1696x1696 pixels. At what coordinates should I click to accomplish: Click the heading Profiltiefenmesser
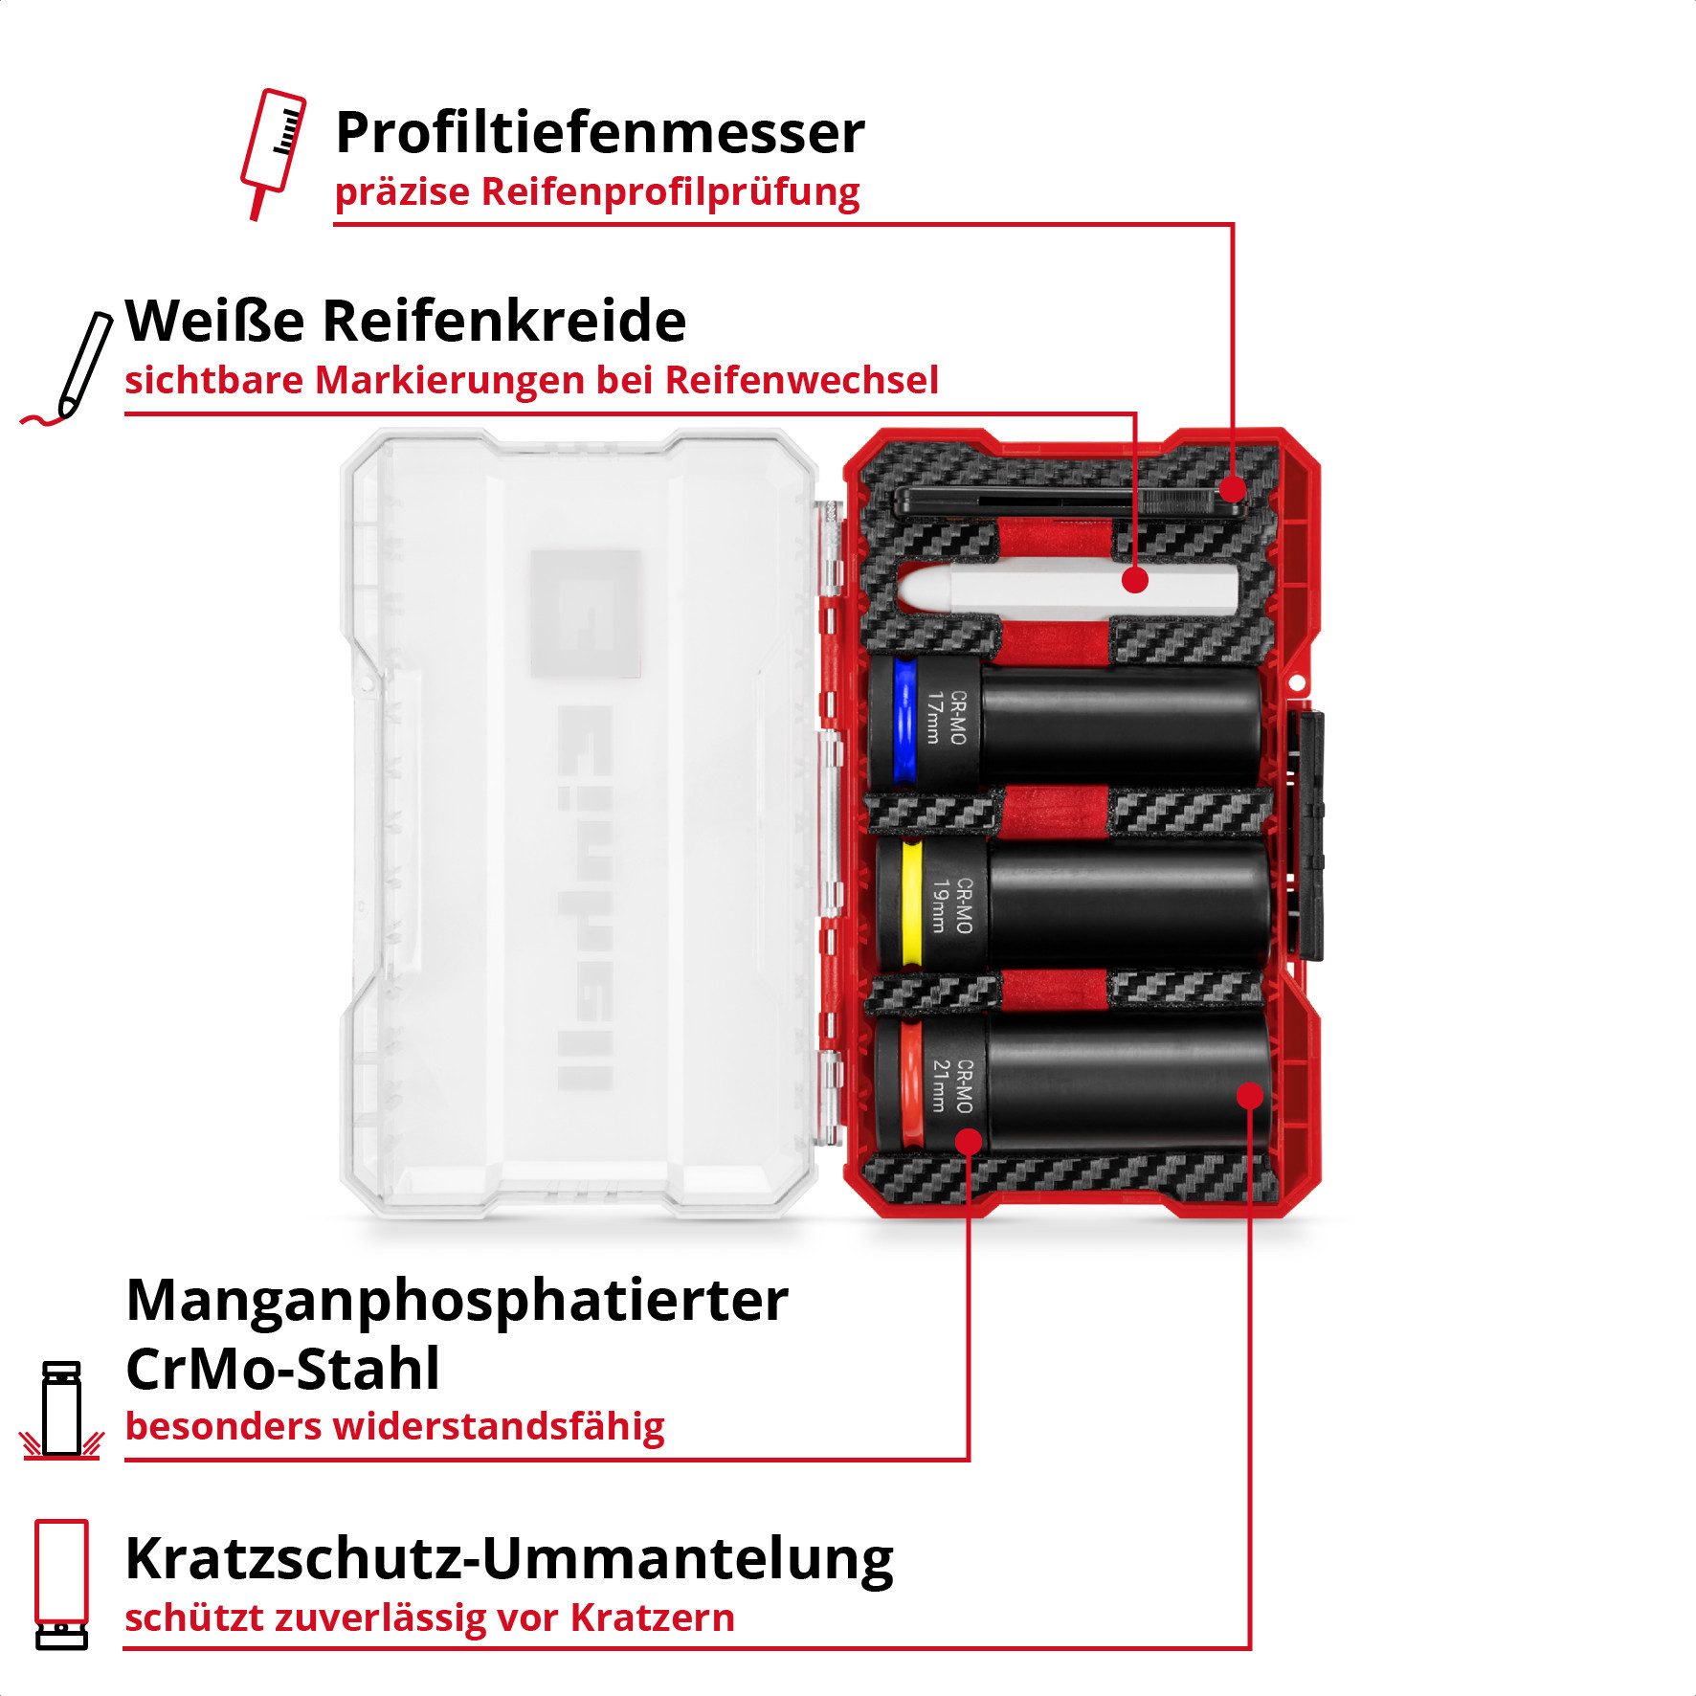599,134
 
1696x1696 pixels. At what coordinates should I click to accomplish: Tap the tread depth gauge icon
273,151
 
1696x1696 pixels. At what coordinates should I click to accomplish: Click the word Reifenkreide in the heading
504,322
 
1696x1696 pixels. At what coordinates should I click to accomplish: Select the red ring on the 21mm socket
910,1083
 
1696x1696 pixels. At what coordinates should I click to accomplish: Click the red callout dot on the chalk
1135,580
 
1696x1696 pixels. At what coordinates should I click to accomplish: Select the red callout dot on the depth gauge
1233,489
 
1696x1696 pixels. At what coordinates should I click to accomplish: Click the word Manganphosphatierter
457,1302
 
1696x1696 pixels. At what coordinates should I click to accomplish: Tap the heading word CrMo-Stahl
282,1370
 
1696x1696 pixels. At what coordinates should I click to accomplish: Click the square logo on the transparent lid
585,613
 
